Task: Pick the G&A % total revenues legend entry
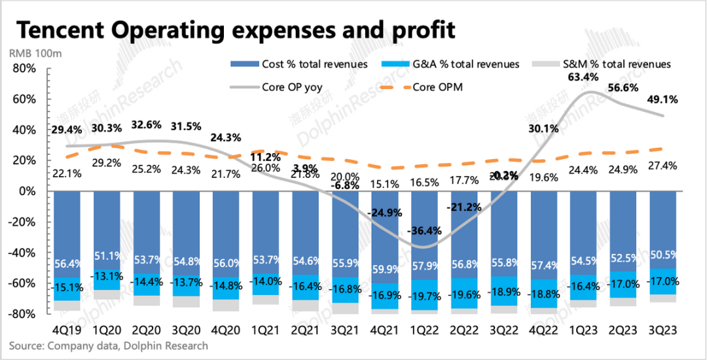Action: coord(465,64)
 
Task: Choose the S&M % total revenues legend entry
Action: coord(616,64)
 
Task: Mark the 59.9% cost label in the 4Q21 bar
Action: coord(385,269)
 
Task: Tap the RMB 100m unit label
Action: coord(35,53)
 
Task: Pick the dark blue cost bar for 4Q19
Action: coord(67,223)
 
